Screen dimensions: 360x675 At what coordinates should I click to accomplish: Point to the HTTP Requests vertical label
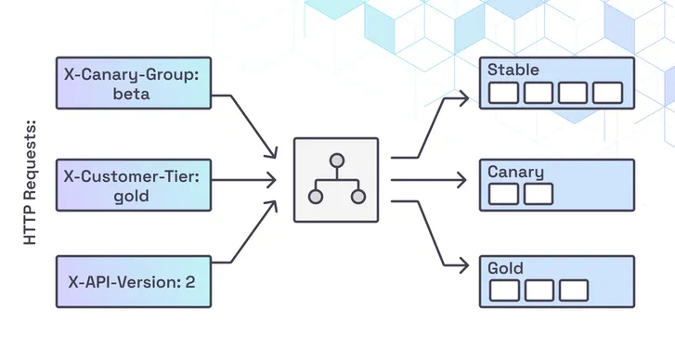(x=30, y=181)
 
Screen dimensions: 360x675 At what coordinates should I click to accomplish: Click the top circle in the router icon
(x=336, y=159)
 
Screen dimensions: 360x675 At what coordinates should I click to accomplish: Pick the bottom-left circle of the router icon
(x=316, y=197)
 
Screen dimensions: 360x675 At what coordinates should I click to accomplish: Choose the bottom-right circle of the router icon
(x=357, y=197)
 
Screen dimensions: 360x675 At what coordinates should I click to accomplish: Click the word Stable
(x=513, y=70)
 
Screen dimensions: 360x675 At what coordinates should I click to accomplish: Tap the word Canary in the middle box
(x=516, y=172)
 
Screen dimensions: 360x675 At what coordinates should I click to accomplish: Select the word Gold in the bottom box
(x=506, y=268)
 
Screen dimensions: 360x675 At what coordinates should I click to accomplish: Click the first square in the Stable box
(x=503, y=93)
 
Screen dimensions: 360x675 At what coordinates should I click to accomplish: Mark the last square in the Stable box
(x=607, y=93)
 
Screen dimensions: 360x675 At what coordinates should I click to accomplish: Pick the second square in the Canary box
(x=539, y=194)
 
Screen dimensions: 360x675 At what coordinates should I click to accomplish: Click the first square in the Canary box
(x=503, y=194)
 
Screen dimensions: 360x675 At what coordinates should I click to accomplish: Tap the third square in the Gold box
(x=573, y=290)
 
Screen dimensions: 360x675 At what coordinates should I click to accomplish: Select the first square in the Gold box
(x=503, y=290)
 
